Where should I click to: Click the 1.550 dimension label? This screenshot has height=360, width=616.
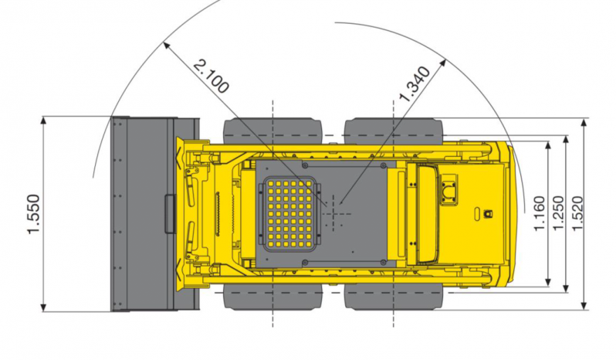point(33,214)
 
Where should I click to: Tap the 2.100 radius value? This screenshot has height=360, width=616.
point(212,76)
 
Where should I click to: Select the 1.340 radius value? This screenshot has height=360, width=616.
point(415,84)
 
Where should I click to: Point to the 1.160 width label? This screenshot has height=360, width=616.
point(540,213)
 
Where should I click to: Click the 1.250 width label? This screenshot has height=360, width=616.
point(558,213)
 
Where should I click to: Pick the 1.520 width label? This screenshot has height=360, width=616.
point(577,213)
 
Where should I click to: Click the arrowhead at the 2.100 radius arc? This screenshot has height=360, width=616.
point(167,46)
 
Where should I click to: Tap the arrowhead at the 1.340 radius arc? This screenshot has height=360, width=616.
point(442,63)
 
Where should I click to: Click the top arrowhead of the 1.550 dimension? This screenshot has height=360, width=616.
point(43,121)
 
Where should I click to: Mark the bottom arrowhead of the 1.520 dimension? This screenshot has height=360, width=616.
point(584,305)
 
